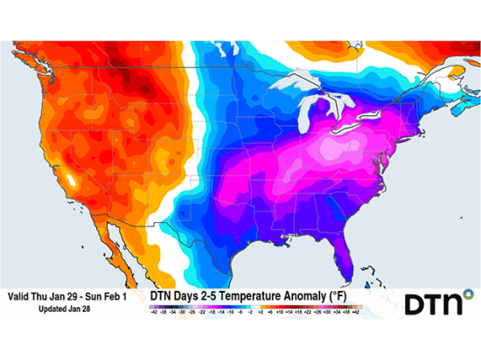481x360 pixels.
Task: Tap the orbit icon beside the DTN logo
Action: coord(467,294)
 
